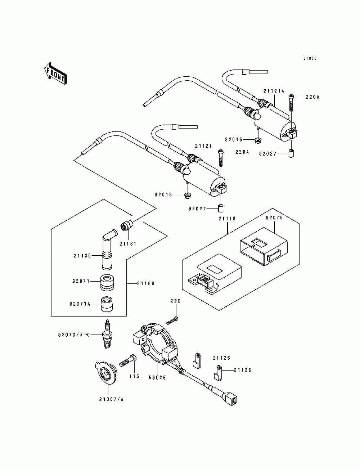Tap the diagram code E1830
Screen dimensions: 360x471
pyautogui.click(x=310, y=58)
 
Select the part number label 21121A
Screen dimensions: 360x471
pyautogui.click(x=274, y=91)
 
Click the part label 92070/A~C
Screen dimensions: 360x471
pyautogui.click(x=73, y=335)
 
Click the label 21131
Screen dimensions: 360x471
pyautogui.click(x=128, y=244)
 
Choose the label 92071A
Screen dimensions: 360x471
pyautogui.click(x=80, y=304)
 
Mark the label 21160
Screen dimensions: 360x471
pyautogui.click(x=146, y=283)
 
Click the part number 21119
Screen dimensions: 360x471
pyautogui.click(x=227, y=219)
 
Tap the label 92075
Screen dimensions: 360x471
pyautogui.click(x=274, y=218)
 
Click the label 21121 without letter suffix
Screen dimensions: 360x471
pyautogui.click(x=203, y=146)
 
